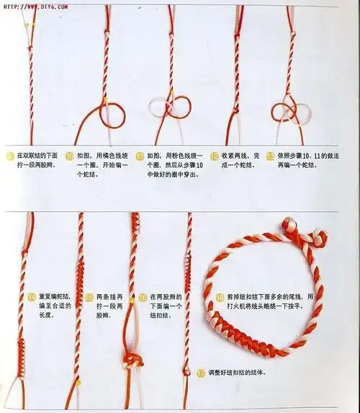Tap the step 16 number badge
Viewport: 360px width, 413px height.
click(x=143, y=297)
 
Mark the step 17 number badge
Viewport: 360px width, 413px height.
click(x=201, y=373)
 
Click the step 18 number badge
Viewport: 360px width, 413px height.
click(x=219, y=297)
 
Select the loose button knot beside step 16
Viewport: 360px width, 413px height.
click(x=132, y=360)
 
